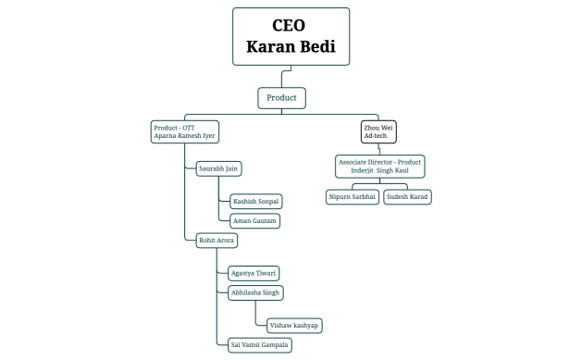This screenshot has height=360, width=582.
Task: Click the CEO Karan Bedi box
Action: pos(291,36)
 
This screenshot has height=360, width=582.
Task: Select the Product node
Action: pos(281,97)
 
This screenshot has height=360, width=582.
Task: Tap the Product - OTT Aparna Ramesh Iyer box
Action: pos(186,130)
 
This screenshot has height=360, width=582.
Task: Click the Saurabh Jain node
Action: pos(219,168)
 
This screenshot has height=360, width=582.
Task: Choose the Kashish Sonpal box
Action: pos(254,201)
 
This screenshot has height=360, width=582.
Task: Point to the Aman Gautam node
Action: pos(254,220)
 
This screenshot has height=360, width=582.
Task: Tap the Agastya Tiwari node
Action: pos(254,273)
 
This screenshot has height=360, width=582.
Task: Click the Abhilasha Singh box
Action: pos(255,292)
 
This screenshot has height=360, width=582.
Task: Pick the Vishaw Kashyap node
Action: pos(294,325)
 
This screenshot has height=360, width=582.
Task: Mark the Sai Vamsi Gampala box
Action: pos(259,344)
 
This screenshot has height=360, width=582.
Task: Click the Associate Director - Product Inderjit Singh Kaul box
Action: pos(379,167)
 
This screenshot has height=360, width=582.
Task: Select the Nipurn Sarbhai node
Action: pos(353,196)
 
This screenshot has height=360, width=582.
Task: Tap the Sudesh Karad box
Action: pos(407,196)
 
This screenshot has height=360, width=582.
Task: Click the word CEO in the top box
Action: pos(291,25)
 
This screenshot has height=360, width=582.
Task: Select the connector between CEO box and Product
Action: pos(281,77)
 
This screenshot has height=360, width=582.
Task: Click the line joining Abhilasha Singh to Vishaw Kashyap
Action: pos(255,315)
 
